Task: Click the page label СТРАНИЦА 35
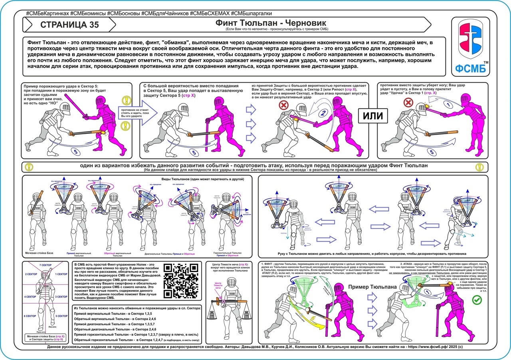pyautogui.click(x=69, y=24)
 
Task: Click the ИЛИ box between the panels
pyautogui.click(x=372, y=116)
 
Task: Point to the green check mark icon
pyautogui.click(x=476, y=300)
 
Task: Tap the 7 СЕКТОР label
pyautogui.click(x=46, y=265)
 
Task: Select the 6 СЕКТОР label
pyautogui.click(x=31, y=316)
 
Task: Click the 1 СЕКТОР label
pyautogui.click(x=61, y=274)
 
